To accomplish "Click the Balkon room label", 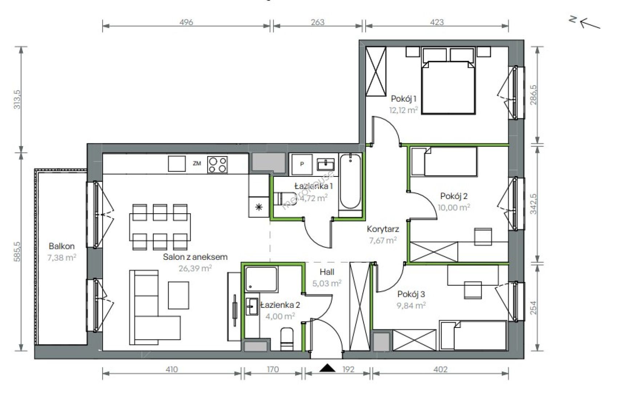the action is point(61,246).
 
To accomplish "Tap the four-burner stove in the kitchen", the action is point(217,165).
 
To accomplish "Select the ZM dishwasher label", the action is point(197,163).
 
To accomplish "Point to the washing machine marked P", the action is point(302,164).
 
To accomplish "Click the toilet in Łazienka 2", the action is point(286,339).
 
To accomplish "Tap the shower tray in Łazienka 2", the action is point(261,279).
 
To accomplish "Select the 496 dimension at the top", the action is point(186,22).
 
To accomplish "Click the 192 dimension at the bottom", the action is point(348,369).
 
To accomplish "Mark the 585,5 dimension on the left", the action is point(17,252).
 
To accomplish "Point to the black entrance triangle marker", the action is point(327,368).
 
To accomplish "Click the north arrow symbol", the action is point(587,23).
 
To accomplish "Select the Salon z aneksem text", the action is point(195,257).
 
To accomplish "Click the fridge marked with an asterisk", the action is point(259,207).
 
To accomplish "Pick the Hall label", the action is point(327,272).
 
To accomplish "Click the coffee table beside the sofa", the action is point(178,295).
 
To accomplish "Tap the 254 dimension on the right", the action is point(533,307).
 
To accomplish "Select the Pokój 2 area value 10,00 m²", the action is point(454,207).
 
